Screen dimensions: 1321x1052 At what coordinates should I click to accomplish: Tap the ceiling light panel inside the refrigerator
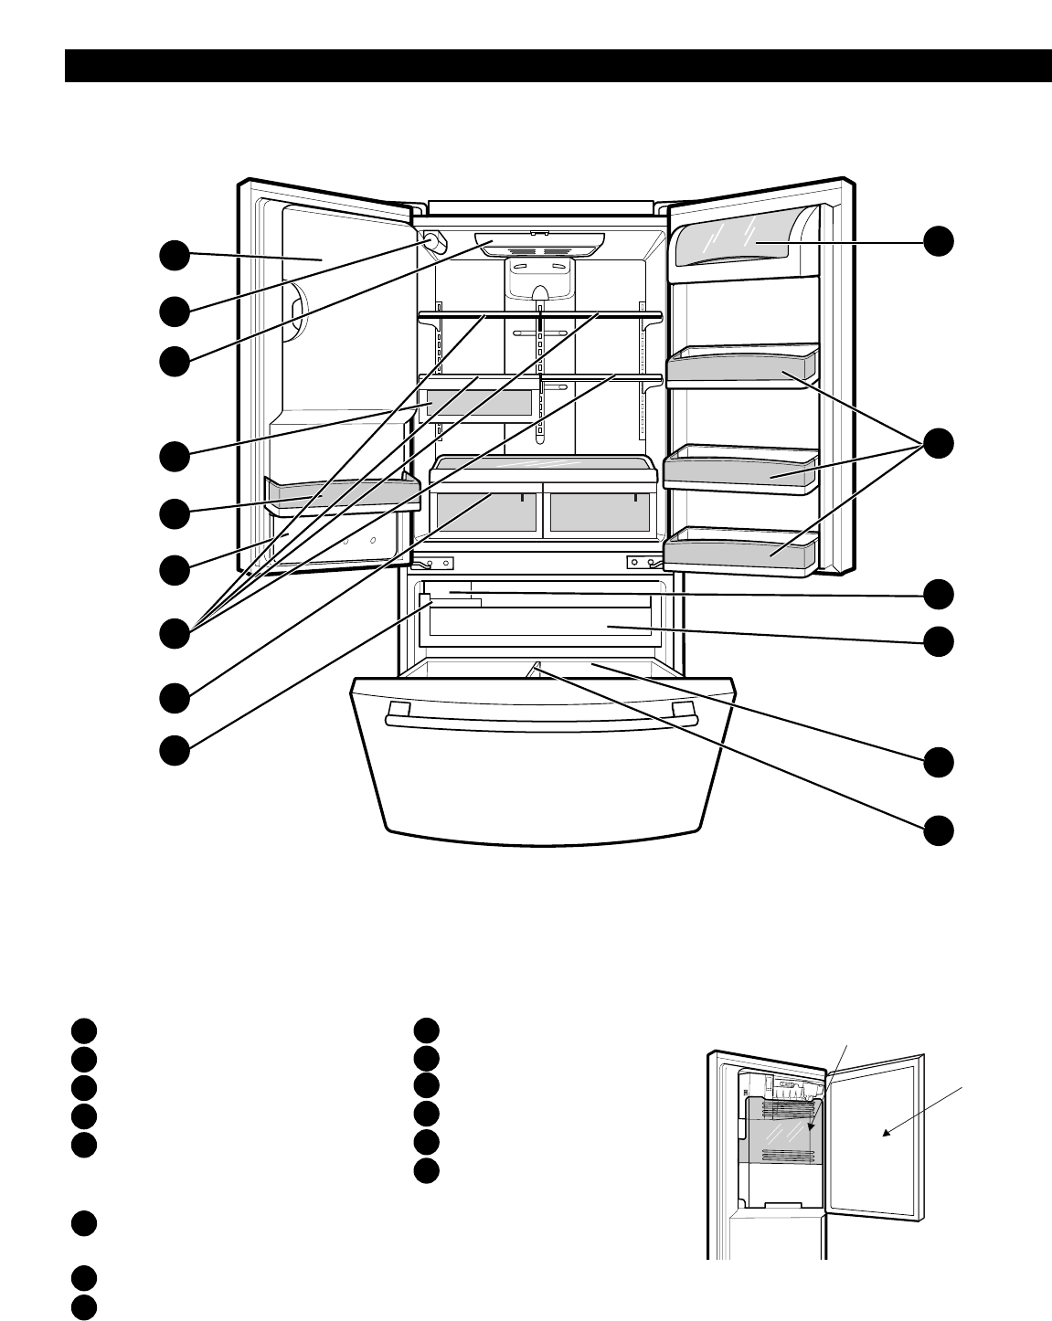(x=539, y=244)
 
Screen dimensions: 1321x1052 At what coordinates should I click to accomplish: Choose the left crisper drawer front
(x=486, y=514)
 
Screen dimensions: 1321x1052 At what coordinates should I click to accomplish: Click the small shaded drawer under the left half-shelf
(x=478, y=403)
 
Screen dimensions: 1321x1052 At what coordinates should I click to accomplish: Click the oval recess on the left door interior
(x=295, y=312)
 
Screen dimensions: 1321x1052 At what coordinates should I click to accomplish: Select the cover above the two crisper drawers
(x=543, y=469)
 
